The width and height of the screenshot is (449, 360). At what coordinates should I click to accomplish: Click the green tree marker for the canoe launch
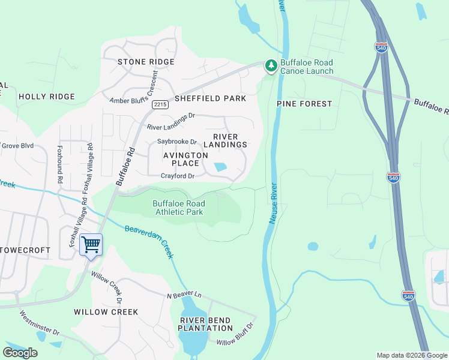pyautogui.click(x=271, y=65)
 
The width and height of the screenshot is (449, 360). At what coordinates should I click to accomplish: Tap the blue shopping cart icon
pyautogui.click(x=91, y=245)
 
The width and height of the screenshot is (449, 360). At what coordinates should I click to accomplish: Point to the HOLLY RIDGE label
pyautogui.click(x=47, y=96)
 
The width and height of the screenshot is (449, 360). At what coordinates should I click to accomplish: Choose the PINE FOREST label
pyautogui.click(x=304, y=104)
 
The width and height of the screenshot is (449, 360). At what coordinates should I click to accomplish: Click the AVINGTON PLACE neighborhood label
pyautogui.click(x=185, y=159)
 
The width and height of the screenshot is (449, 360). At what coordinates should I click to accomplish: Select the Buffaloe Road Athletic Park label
pyautogui.click(x=178, y=208)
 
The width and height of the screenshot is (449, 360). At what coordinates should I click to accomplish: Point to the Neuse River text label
pyautogui.click(x=273, y=203)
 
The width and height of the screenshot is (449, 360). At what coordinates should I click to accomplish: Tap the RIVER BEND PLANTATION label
pyautogui.click(x=205, y=324)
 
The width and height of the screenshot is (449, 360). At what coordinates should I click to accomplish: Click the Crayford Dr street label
pyautogui.click(x=178, y=176)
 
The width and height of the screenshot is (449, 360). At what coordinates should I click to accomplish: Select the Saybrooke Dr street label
pyautogui.click(x=177, y=142)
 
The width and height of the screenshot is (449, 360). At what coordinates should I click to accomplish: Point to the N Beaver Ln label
pyautogui.click(x=184, y=294)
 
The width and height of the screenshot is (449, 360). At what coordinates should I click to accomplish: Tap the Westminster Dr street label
pyautogui.click(x=40, y=323)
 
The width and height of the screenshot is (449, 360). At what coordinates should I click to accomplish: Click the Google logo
pyautogui.click(x=21, y=353)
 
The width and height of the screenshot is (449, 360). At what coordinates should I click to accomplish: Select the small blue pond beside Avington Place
pyautogui.click(x=220, y=167)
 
